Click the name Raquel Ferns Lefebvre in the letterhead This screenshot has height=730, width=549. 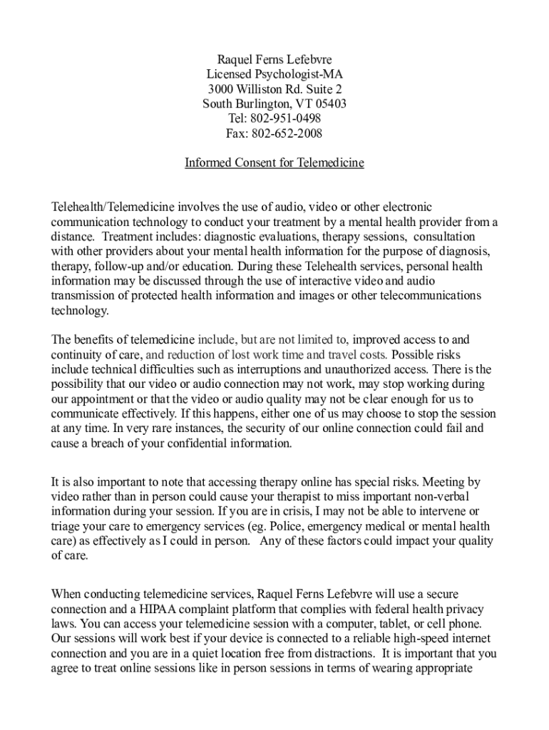point(274,58)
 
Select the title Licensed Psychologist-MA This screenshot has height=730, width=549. point(274,73)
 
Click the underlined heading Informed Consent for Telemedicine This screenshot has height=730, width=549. point(274,163)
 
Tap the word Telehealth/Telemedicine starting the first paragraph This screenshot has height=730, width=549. point(108,207)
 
